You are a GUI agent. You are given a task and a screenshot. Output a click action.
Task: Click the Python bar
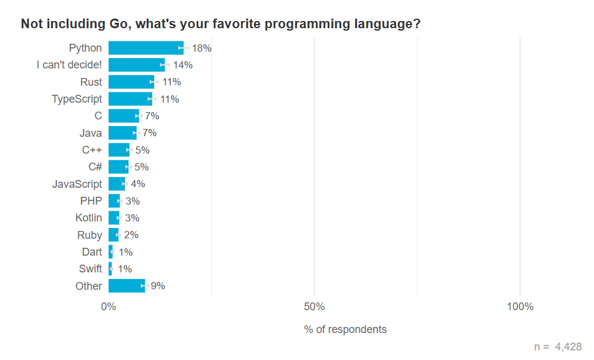[x=146, y=48]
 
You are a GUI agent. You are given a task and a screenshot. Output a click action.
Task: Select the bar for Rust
[x=131, y=82]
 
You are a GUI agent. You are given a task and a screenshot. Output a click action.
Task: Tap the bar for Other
[x=127, y=286]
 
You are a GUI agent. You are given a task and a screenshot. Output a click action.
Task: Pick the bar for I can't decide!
[x=137, y=65]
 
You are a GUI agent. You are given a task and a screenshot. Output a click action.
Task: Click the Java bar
[x=122, y=133]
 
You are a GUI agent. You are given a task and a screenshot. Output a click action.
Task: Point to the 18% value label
[x=202, y=48]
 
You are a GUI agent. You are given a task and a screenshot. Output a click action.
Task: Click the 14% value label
[x=182, y=65]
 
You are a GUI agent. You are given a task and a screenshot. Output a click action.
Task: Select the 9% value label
[x=158, y=286]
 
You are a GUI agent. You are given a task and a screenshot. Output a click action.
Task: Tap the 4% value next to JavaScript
[x=138, y=184]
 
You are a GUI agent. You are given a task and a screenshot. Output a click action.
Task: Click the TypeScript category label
[x=77, y=99]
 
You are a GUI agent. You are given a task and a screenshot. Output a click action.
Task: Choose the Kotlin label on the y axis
[x=89, y=218]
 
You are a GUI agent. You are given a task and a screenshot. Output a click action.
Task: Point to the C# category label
[x=95, y=167]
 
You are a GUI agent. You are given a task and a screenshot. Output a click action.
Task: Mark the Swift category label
[x=91, y=269]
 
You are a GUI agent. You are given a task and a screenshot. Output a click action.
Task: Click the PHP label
[x=91, y=201]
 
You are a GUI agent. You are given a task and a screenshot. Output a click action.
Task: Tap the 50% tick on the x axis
[x=314, y=307]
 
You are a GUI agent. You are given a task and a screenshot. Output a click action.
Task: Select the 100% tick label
[x=520, y=307]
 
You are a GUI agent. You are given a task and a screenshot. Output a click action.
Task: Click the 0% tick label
[x=109, y=307]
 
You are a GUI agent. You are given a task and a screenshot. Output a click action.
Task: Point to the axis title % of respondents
[x=345, y=329]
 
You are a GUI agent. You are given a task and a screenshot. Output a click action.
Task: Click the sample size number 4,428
[x=568, y=347]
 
